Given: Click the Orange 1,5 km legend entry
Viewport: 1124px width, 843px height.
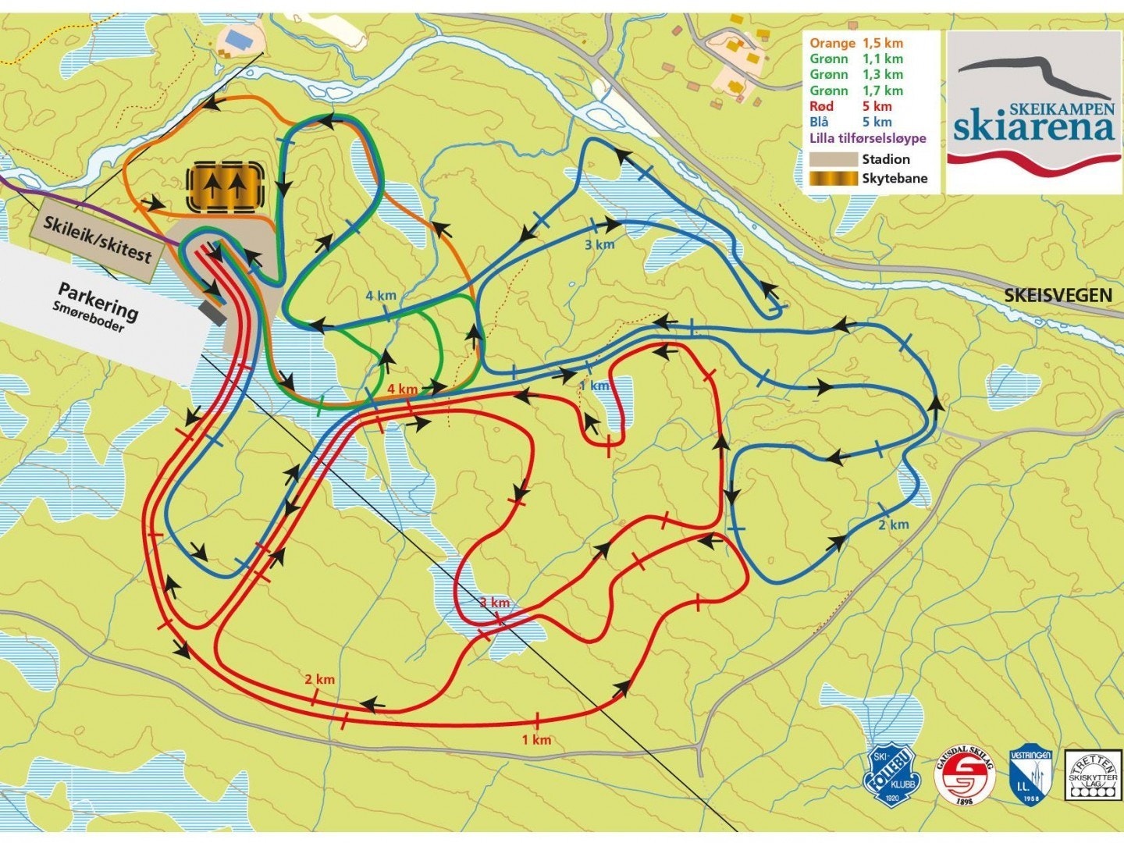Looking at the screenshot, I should pos(856,43).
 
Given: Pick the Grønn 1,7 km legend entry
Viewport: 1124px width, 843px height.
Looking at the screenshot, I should pos(856,91).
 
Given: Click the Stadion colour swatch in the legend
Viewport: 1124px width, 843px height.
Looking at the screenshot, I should pos(833,159).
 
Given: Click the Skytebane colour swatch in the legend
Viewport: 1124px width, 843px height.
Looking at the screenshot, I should pos(833,178).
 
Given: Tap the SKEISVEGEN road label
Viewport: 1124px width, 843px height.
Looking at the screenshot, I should pos(1058,294).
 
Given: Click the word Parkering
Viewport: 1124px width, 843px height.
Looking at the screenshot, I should pos(98,301).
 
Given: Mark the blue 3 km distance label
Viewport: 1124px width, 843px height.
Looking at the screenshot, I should pos(599,244).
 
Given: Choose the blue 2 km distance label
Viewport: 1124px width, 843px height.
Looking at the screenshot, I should pos(893,525).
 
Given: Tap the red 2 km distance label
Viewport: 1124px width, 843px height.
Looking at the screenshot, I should pos(319,679).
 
